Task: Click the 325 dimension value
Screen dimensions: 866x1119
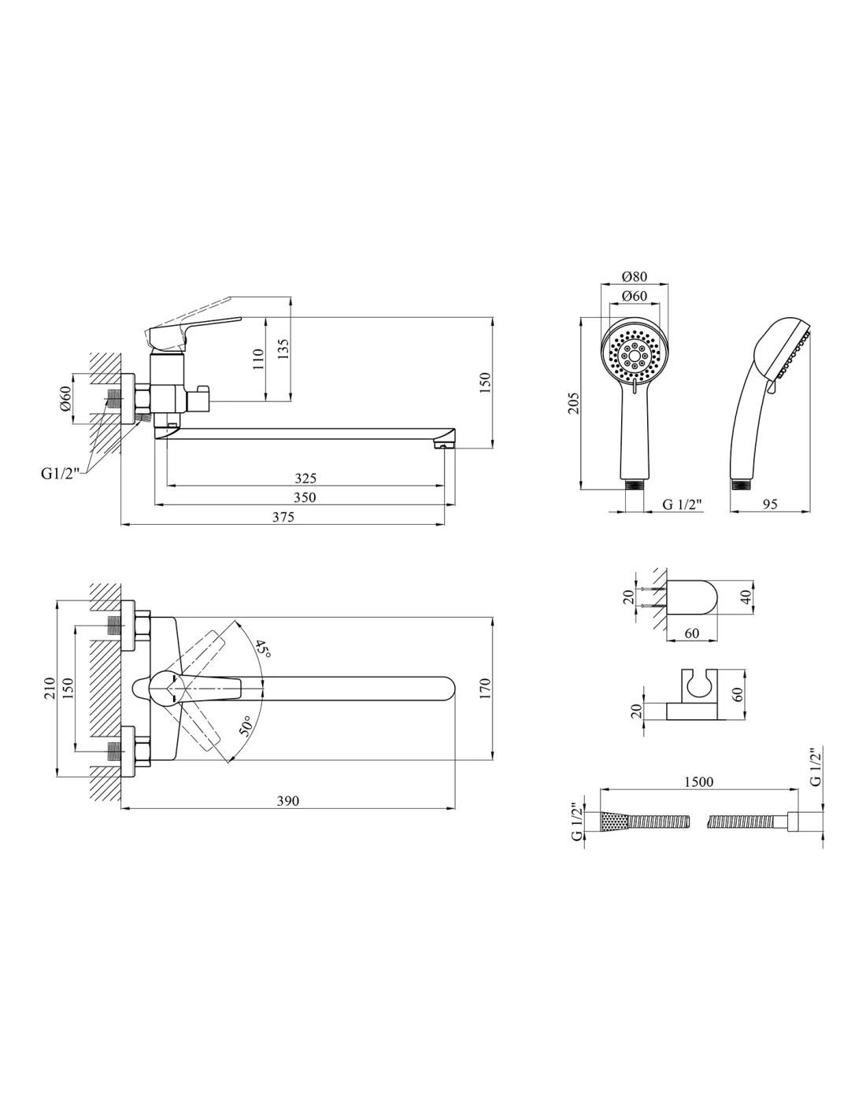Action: pyautogui.click(x=305, y=478)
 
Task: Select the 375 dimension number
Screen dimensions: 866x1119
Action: pyautogui.click(x=283, y=516)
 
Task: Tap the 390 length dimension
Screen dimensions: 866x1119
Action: pyautogui.click(x=288, y=801)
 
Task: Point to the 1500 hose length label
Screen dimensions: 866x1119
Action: pyautogui.click(x=698, y=781)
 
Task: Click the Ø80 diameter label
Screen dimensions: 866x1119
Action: pyautogui.click(x=635, y=276)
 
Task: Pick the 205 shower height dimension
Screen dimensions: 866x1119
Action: pyautogui.click(x=574, y=403)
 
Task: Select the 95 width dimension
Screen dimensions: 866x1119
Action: pyautogui.click(x=770, y=504)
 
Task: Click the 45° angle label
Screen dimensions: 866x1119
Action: pyautogui.click(x=263, y=649)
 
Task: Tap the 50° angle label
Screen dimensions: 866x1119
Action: pyautogui.click(x=246, y=726)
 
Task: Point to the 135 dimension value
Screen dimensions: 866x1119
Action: pyautogui.click(x=284, y=349)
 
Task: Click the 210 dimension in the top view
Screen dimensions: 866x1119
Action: pyautogui.click(x=50, y=688)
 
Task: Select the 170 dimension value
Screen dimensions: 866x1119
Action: pyautogui.click(x=485, y=689)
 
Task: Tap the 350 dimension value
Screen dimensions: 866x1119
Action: pyautogui.click(x=305, y=497)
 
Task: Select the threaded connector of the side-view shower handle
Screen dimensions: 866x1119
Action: pyautogui.click(x=740, y=485)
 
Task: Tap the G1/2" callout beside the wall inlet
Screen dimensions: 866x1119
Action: pyautogui.click(x=61, y=474)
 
